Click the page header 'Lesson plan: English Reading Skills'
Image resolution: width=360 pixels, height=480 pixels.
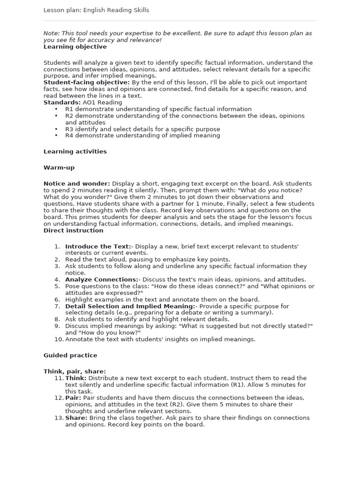[x=96, y=10]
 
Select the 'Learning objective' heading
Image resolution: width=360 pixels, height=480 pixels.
[x=75, y=47]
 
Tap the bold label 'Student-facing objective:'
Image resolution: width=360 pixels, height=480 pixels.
[x=86, y=82]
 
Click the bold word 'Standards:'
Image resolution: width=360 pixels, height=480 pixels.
[x=62, y=102]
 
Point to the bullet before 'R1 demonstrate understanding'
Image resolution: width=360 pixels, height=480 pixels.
[x=56, y=109]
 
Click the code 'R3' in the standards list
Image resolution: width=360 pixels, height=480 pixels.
[x=69, y=129]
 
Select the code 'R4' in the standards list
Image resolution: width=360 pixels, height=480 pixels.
[x=69, y=135]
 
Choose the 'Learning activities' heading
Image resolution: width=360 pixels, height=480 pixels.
[x=75, y=151]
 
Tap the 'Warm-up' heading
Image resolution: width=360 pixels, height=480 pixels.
[x=59, y=167]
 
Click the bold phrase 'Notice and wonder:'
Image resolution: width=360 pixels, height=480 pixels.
[x=77, y=184]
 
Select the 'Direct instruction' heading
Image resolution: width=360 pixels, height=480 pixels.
[x=73, y=230]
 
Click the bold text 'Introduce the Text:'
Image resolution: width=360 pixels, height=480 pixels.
[x=98, y=247]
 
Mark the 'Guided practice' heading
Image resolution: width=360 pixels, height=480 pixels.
[x=70, y=355]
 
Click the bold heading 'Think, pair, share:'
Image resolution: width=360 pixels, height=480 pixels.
[x=75, y=371]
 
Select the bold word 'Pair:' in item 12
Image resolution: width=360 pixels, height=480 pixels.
[x=73, y=398]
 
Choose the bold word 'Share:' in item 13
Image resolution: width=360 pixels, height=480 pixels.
[x=75, y=418]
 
